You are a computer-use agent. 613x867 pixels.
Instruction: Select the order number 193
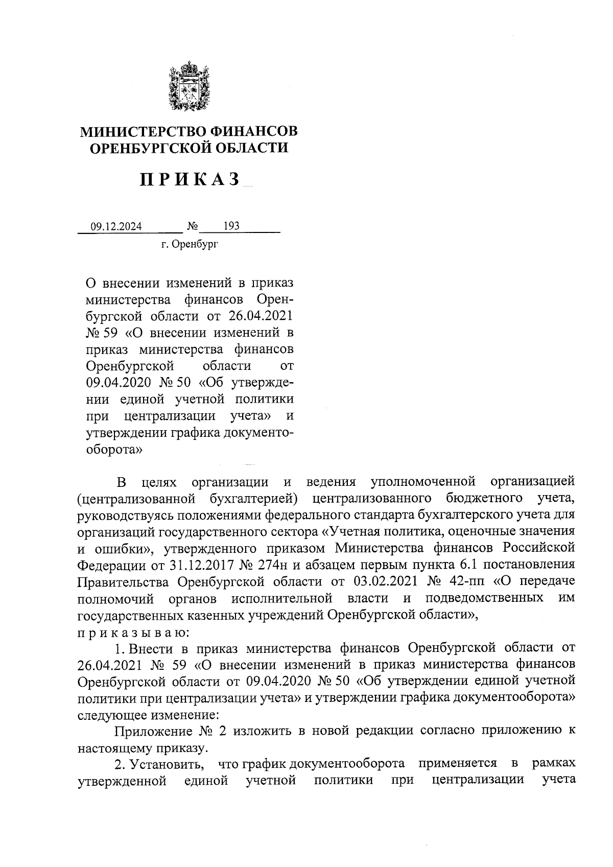(231, 226)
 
